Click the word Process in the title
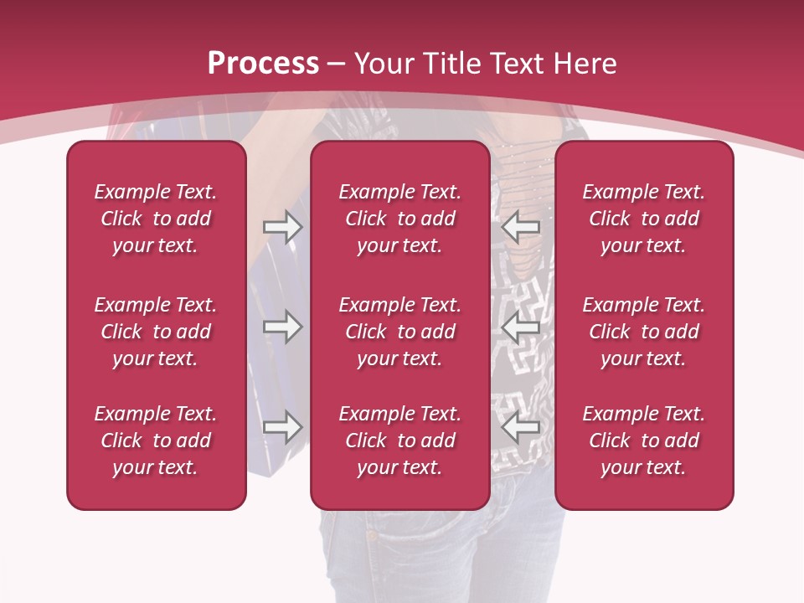click(263, 64)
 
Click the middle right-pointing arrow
click(282, 327)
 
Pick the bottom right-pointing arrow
click(282, 427)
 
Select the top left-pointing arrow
click(521, 226)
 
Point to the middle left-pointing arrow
click(521, 327)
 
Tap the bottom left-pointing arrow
click(521, 427)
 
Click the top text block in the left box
click(156, 219)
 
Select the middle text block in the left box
click(156, 332)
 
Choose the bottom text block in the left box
click(156, 441)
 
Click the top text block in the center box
click(400, 219)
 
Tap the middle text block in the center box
click(400, 332)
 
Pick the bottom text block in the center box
click(400, 441)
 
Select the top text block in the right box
click(644, 219)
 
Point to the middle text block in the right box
click(644, 332)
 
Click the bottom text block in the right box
click(644, 441)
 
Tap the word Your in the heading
click(381, 64)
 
